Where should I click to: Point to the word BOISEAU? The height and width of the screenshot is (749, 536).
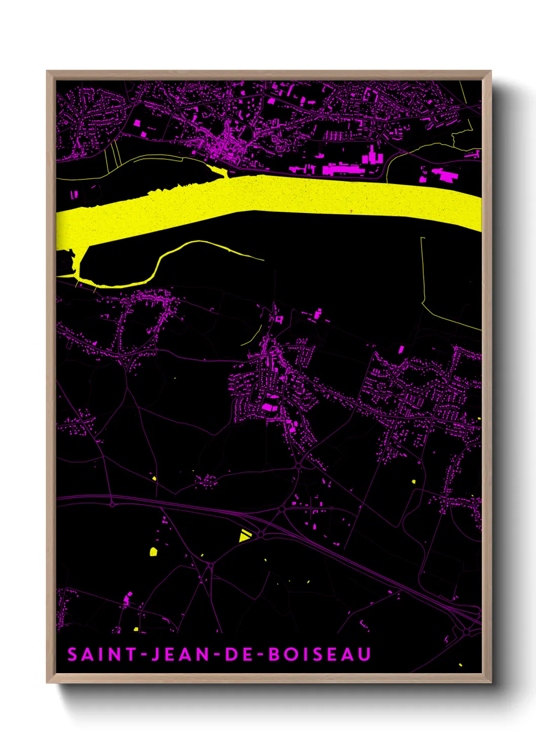(320, 654)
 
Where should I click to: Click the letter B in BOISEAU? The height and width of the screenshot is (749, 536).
(274, 654)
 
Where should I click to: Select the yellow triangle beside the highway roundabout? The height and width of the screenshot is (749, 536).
(244, 535)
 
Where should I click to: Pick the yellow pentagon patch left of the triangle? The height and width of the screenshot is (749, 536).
(153, 551)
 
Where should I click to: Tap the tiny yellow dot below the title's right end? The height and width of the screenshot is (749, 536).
(460, 664)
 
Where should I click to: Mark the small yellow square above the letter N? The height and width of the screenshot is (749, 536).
(136, 629)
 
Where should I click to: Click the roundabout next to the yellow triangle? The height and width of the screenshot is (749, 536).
(260, 533)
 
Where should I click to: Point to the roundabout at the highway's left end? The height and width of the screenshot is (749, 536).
(112, 504)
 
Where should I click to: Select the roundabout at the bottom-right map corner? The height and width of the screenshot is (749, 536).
(467, 631)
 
